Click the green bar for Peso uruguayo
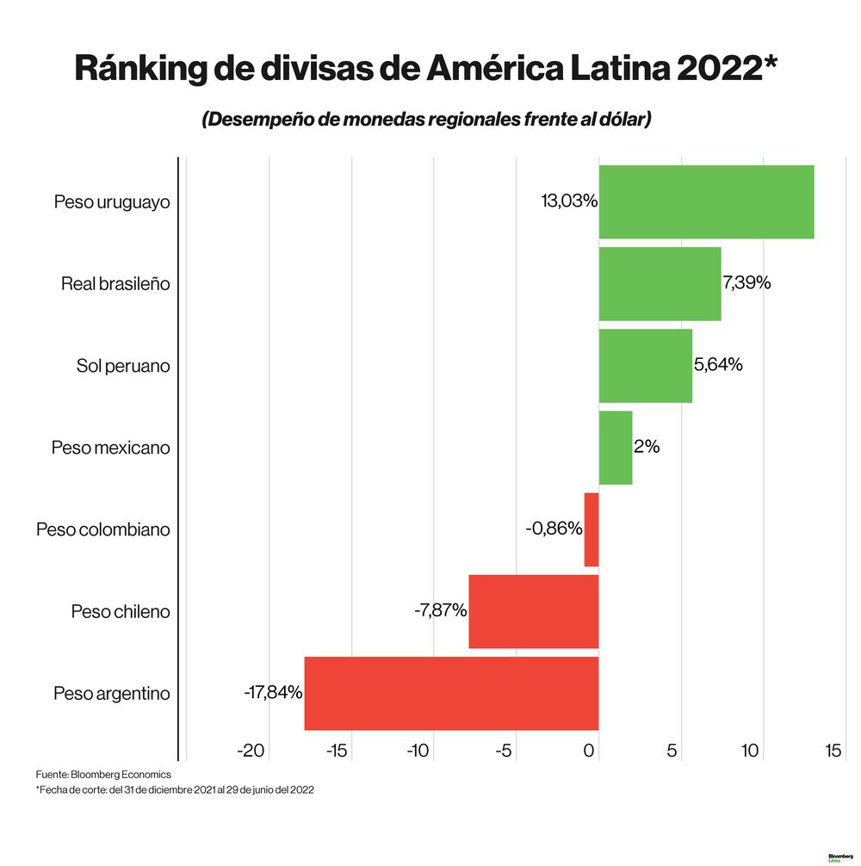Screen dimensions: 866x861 [706, 201]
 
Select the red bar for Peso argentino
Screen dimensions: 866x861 [451, 693]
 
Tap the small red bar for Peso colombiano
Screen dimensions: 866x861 [591, 529]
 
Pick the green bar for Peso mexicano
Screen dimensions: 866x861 [615, 448]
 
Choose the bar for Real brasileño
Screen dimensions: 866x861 [660, 283]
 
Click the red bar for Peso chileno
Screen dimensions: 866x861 [533, 611]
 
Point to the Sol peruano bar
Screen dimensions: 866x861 [645, 365]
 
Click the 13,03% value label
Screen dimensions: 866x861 [568, 201]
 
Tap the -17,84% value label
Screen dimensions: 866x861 [273, 692]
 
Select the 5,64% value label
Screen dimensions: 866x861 [718, 364]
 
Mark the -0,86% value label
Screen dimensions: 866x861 [554, 529]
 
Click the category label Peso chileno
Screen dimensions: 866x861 [121, 612]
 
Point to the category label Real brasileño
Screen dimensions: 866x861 [115, 284]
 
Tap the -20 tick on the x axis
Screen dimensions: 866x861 [251, 751]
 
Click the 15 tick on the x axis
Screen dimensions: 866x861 [833, 751]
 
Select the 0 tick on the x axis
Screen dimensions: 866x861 [590, 751]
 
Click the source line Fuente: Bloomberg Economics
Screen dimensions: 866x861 [103, 775]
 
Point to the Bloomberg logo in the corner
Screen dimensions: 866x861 [839, 857]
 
